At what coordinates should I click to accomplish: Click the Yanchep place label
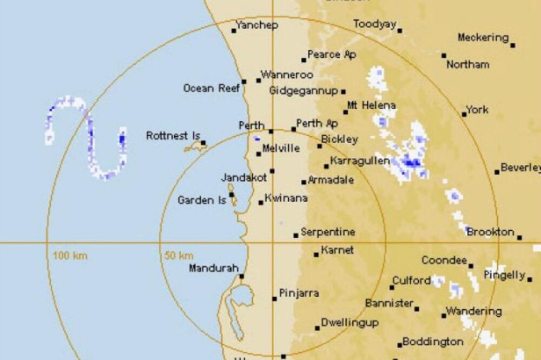tap(257, 25)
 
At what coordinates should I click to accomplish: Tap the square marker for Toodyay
tap(400, 31)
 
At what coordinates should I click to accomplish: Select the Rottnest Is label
tap(173, 136)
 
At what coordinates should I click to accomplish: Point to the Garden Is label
tap(202, 201)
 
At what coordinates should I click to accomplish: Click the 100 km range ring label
tap(70, 255)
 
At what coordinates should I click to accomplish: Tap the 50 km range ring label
tap(179, 255)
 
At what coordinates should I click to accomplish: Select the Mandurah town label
tap(214, 268)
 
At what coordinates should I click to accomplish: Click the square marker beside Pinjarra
tap(274, 298)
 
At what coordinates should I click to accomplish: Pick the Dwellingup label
tap(349, 323)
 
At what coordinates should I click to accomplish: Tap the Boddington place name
tap(433, 342)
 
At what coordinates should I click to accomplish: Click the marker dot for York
tap(464, 114)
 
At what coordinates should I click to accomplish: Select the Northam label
tap(467, 64)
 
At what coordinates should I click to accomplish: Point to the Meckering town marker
tap(512, 45)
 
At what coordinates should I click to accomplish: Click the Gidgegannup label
tap(304, 91)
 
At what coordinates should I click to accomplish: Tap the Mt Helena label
tap(371, 105)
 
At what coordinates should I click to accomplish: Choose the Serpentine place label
tap(328, 232)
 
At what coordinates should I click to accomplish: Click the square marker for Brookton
tap(519, 237)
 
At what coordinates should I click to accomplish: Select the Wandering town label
tap(473, 311)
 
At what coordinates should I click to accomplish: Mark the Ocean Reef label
tap(211, 88)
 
